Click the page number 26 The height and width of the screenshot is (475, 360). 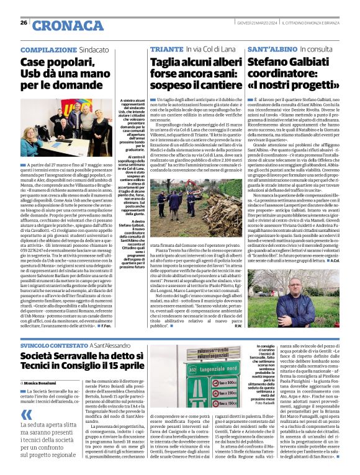[24, 22]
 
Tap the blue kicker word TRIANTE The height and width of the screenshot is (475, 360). [163, 48]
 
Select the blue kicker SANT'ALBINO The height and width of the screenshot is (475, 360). [273, 48]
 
